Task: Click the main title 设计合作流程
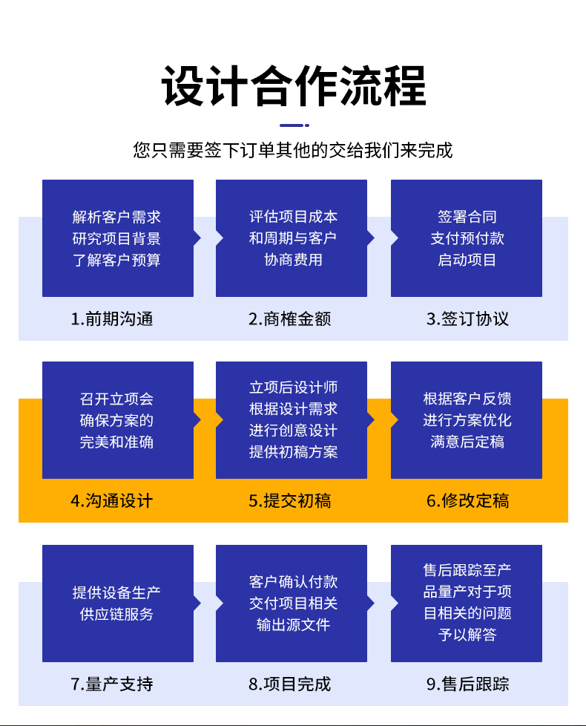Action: click(294, 86)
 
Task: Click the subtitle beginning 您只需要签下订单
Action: click(293, 151)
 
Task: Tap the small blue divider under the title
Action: click(294, 125)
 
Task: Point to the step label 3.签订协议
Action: click(467, 319)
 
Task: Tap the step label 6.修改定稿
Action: click(467, 501)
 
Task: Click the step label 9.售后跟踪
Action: click(467, 684)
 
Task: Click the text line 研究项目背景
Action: click(117, 238)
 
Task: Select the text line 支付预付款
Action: click(467, 238)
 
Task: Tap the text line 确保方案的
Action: click(117, 420)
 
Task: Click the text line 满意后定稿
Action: click(467, 442)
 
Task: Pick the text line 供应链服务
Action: click(117, 614)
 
